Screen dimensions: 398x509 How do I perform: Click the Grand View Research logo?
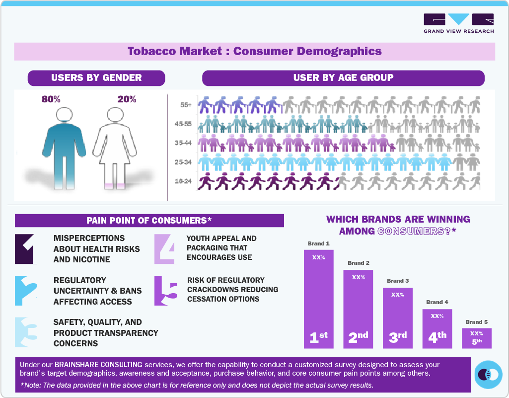coord(458,23)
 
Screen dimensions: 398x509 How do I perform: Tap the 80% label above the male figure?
coord(51,99)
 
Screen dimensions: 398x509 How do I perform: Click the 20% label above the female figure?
coord(127,99)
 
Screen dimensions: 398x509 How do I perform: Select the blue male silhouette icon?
coord(64,149)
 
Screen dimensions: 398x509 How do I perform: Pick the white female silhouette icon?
coord(115,149)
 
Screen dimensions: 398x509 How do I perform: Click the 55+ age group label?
coord(186,105)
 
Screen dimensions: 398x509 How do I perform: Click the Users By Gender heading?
coord(96,78)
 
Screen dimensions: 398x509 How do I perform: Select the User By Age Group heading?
coord(343,78)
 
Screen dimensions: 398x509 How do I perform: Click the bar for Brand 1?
coord(318,298)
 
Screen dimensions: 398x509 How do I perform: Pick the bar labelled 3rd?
coord(397,318)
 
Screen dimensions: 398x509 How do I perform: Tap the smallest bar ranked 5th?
coord(476,338)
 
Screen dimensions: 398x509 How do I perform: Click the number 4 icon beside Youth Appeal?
coord(164,248)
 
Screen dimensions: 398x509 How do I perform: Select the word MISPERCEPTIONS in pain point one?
coord(89,238)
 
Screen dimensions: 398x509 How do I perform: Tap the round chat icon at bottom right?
coord(489,374)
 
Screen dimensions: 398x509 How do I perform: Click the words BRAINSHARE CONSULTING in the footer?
coord(98,365)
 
